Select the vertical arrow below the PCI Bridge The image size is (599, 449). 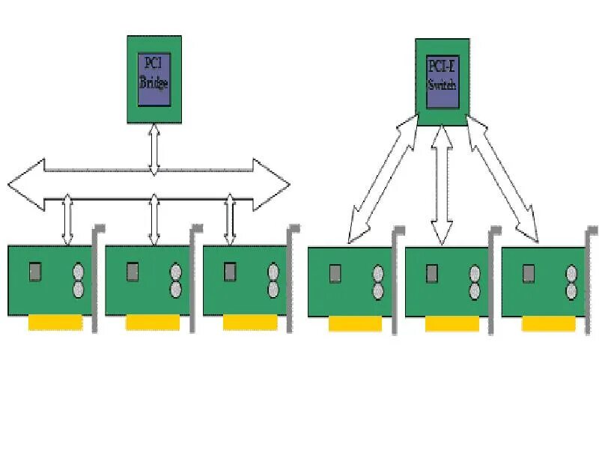(153, 150)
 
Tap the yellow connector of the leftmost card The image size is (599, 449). (55, 323)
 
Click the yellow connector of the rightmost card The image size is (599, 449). (549, 323)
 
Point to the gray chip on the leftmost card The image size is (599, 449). (35, 272)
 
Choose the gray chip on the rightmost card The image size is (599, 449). (529, 272)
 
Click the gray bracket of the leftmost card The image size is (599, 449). (97, 277)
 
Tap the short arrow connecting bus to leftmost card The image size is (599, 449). (67, 219)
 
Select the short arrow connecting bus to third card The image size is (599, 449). (230, 219)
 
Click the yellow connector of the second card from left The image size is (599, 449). (152, 323)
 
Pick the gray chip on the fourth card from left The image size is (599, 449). (335, 272)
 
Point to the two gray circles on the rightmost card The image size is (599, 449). (572, 281)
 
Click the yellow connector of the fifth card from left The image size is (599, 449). (451, 323)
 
